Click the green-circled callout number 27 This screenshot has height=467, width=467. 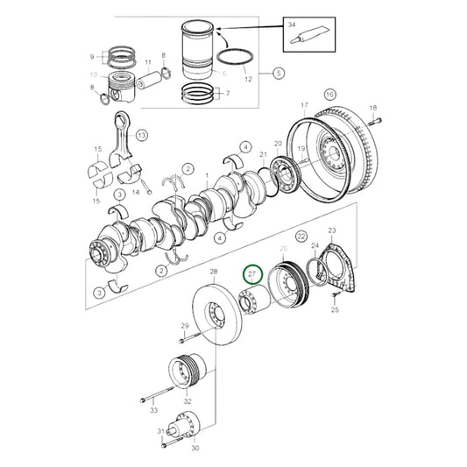(x=252, y=275)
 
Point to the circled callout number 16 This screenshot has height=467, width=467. (x=329, y=94)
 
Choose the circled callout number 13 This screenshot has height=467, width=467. (x=141, y=134)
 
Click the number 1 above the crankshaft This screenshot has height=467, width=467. (x=207, y=175)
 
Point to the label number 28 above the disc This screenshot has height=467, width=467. (x=215, y=274)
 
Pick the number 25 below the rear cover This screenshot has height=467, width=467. (x=334, y=309)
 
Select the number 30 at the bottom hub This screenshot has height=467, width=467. (x=195, y=448)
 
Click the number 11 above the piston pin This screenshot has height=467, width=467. (x=148, y=63)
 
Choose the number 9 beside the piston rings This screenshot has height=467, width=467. (x=91, y=58)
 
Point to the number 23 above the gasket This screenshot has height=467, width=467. (x=331, y=230)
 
